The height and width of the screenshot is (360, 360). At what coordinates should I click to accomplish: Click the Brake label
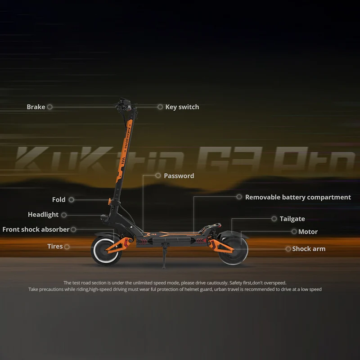pyautogui.click(x=36, y=107)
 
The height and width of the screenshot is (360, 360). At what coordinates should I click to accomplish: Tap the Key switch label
pyautogui.click(x=182, y=107)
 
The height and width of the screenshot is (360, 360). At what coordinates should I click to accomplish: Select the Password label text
pyautogui.click(x=179, y=176)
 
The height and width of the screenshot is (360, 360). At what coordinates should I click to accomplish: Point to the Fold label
pyautogui.click(x=59, y=200)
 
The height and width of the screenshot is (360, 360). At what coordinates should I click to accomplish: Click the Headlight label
pyautogui.click(x=43, y=215)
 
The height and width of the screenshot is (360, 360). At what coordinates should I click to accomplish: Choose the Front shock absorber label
pyautogui.click(x=36, y=229)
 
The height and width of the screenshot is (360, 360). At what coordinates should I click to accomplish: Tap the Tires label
pyautogui.click(x=55, y=246)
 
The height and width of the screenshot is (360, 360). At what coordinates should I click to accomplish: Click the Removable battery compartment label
pyautogui.click(x=298, y=197)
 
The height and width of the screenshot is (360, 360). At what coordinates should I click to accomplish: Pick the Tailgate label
pyautogui.click(x=292, y=219)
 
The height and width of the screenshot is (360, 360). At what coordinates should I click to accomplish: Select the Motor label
pyautogui.click(x=308, y=232)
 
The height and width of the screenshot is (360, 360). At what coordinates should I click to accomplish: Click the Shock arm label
pyautogui.click(x=309, y=249)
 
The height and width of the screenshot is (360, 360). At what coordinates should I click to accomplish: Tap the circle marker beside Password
pyautogui.click(x=158, y=175)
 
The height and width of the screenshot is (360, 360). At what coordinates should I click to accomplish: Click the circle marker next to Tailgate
pyautogui.click(x=274, y=219)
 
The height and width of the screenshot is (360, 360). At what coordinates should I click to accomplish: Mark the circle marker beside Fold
pyautogui.click(x=72, y=200)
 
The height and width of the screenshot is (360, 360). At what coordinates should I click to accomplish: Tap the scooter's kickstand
pyautogui.click(x=164, y=258)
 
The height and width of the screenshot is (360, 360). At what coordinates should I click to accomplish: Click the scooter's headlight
pyautogui.click(x=104, y=218)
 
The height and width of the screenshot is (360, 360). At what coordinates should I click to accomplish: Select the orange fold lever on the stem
pyautogui.click(x=110, y=201)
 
